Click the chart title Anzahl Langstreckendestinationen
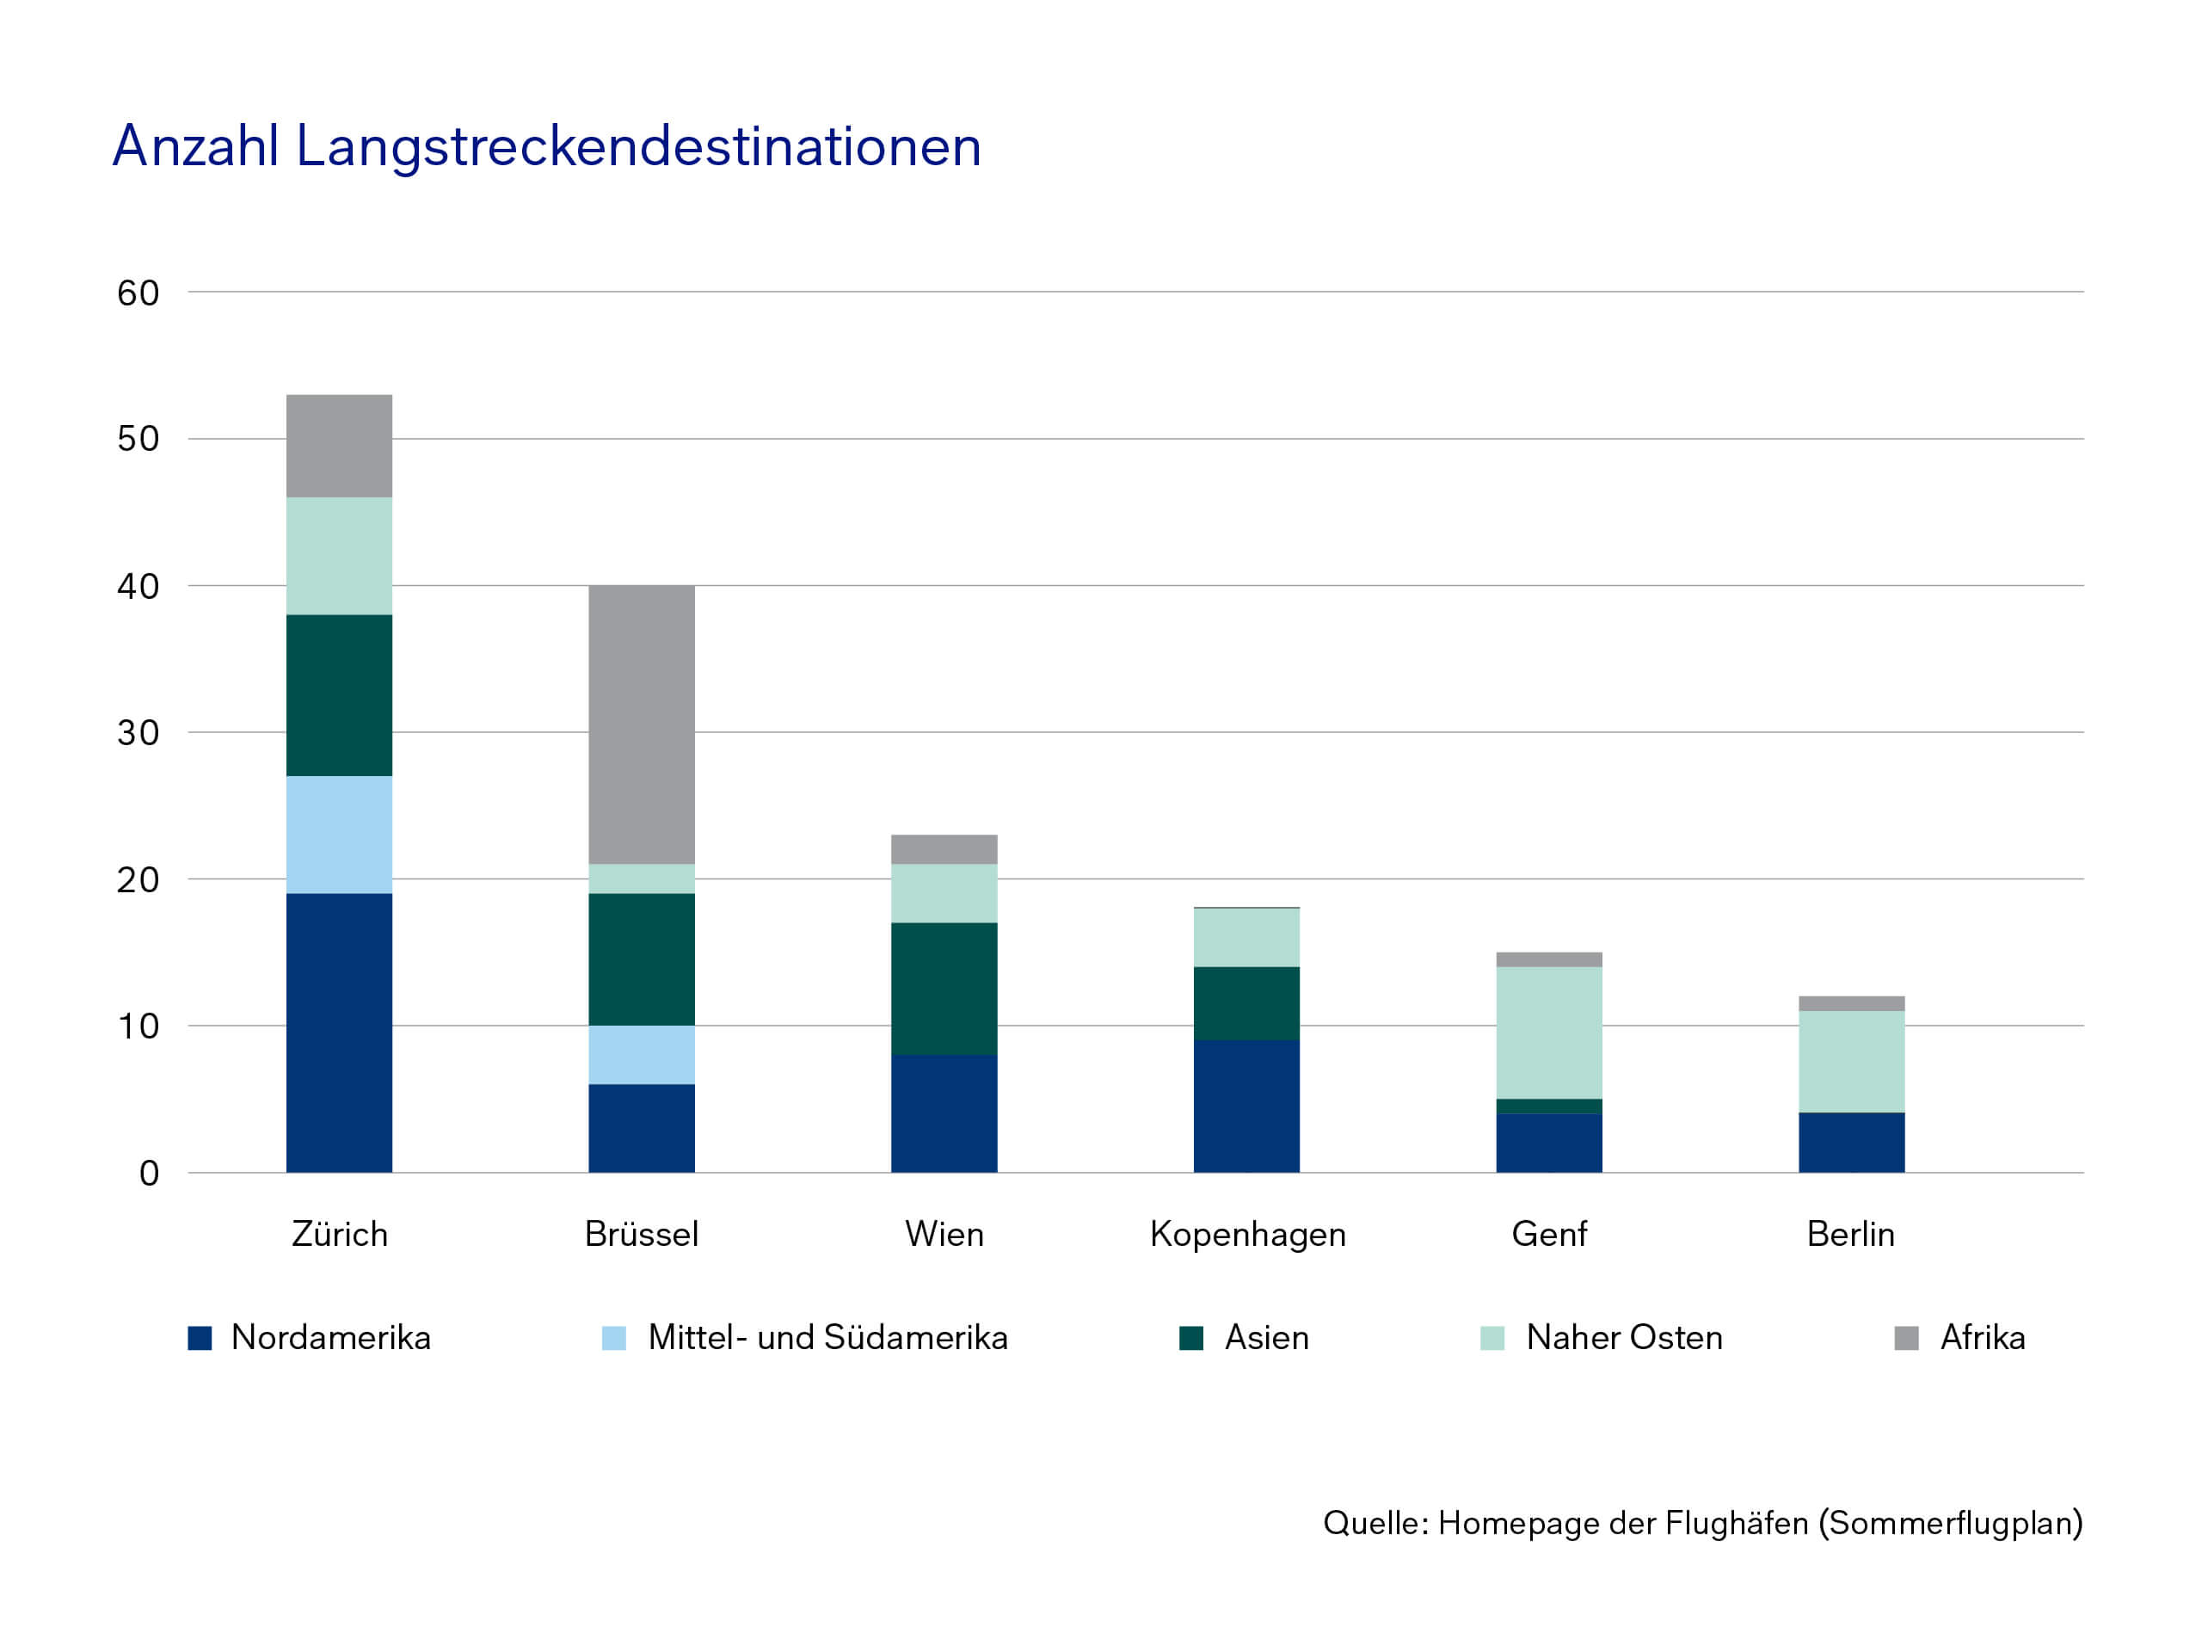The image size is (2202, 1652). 546,146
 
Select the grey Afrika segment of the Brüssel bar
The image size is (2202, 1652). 641,724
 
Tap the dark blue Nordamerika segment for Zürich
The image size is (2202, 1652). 340,1032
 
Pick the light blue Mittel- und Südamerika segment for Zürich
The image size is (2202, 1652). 340,835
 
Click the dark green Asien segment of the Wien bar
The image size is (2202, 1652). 944,988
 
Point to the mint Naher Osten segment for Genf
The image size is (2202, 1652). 1549,1032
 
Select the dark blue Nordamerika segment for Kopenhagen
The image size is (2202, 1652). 1246,1106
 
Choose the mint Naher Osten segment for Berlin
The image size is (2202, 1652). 1852,1061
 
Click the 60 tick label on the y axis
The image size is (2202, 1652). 138,293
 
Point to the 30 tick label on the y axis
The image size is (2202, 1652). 138,733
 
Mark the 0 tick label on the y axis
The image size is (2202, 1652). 150,1173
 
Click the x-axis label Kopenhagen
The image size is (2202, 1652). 1247,1234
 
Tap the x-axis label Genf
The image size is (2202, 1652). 1549,1234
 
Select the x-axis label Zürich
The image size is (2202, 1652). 340,1234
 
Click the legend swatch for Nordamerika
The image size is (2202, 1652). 200,1337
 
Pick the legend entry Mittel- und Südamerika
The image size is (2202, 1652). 827,1337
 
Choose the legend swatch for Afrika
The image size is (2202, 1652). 1906,1337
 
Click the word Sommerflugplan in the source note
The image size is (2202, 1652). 1950,1523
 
